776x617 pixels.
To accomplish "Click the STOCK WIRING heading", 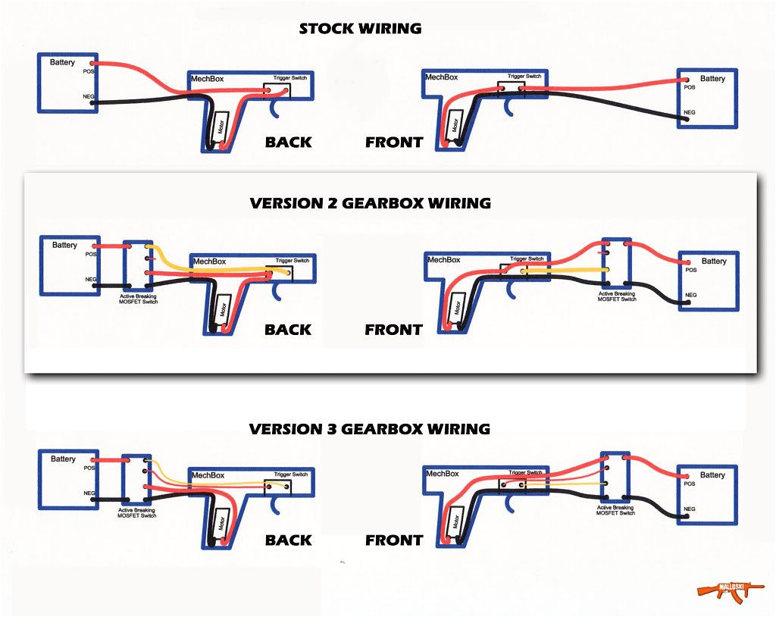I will pos(360,29).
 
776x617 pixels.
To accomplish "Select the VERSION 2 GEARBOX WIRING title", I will pos(370,203).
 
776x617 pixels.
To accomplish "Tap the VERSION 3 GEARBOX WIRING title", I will pos(370,429).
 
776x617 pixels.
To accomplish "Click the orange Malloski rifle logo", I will pos(720,589).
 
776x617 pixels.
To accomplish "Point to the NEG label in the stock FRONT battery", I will pos(689,112).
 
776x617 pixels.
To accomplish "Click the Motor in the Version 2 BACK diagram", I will pos(223,310).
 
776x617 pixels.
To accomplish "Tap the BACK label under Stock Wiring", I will pos(288,142).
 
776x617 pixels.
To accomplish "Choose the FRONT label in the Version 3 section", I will pos(393,540).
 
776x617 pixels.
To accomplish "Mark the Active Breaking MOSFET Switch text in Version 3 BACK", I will pos(137,513).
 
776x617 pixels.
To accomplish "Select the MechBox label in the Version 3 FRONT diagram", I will pos(443,474).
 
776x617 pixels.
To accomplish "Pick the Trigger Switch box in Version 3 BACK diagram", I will pos(278,486).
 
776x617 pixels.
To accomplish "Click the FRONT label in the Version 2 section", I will pos(393,330).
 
